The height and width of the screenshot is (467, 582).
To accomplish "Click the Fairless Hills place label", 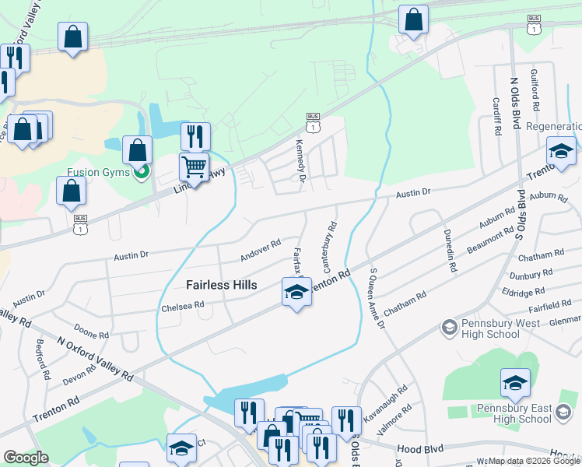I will tap(222, 285).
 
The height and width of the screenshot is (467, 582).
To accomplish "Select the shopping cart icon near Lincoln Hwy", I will tap(195, 166).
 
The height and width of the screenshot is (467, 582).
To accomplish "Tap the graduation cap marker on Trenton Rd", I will tap(296, 293).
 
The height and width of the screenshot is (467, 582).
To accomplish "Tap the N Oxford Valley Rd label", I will tap(95, 358).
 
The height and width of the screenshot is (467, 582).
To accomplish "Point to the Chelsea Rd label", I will tap(182, 305).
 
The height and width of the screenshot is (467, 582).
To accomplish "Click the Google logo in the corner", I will tap(26, 458).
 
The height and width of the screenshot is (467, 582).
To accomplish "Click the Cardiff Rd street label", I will tap(496, 116).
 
